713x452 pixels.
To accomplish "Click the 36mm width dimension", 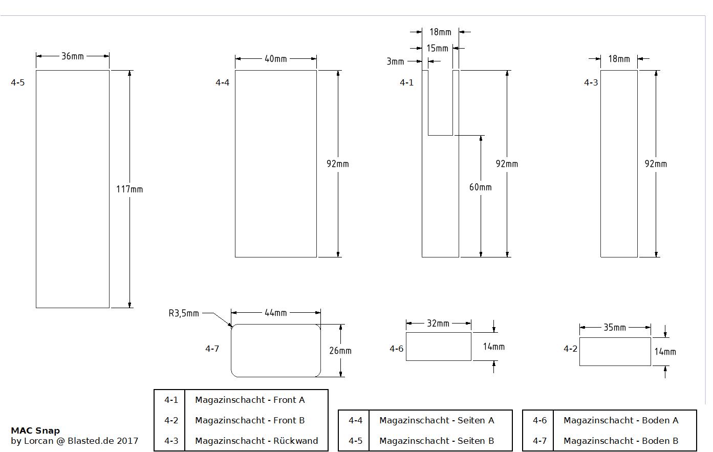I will (x=72, y=56).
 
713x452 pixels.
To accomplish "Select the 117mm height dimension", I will (x=129, y=189).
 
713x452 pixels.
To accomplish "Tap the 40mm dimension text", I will (x=275, y=59).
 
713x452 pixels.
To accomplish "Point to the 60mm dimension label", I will (x=480, y=187).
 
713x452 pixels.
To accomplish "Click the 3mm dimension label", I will (x=395, y=61).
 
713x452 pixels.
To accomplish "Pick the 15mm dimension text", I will (x=437, y=49).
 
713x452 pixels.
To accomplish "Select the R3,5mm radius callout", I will (x=184, y=313).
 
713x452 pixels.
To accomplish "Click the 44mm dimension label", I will (x=275, y=312).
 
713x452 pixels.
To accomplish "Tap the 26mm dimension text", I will (x=340, y=351).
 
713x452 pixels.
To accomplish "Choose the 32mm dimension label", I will (x=438, y=323).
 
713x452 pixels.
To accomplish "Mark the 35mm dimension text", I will (x=615, y=327).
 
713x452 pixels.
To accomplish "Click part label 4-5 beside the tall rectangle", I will (x=18, y=82).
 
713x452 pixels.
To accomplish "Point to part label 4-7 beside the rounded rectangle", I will (x=212, y=349).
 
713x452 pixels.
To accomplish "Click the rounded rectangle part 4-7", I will (x=276, y=351).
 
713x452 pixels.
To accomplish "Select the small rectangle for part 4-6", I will (x=438, y=347).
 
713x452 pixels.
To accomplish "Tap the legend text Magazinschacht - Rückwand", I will (x=256, y=441).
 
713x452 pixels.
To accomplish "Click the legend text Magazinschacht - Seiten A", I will (x=437, y=420).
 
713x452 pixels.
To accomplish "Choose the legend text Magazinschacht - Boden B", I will (x=621, y=441).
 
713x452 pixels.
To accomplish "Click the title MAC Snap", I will (x=35, y=431).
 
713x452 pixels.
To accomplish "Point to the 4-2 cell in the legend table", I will (x=171, y=420).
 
